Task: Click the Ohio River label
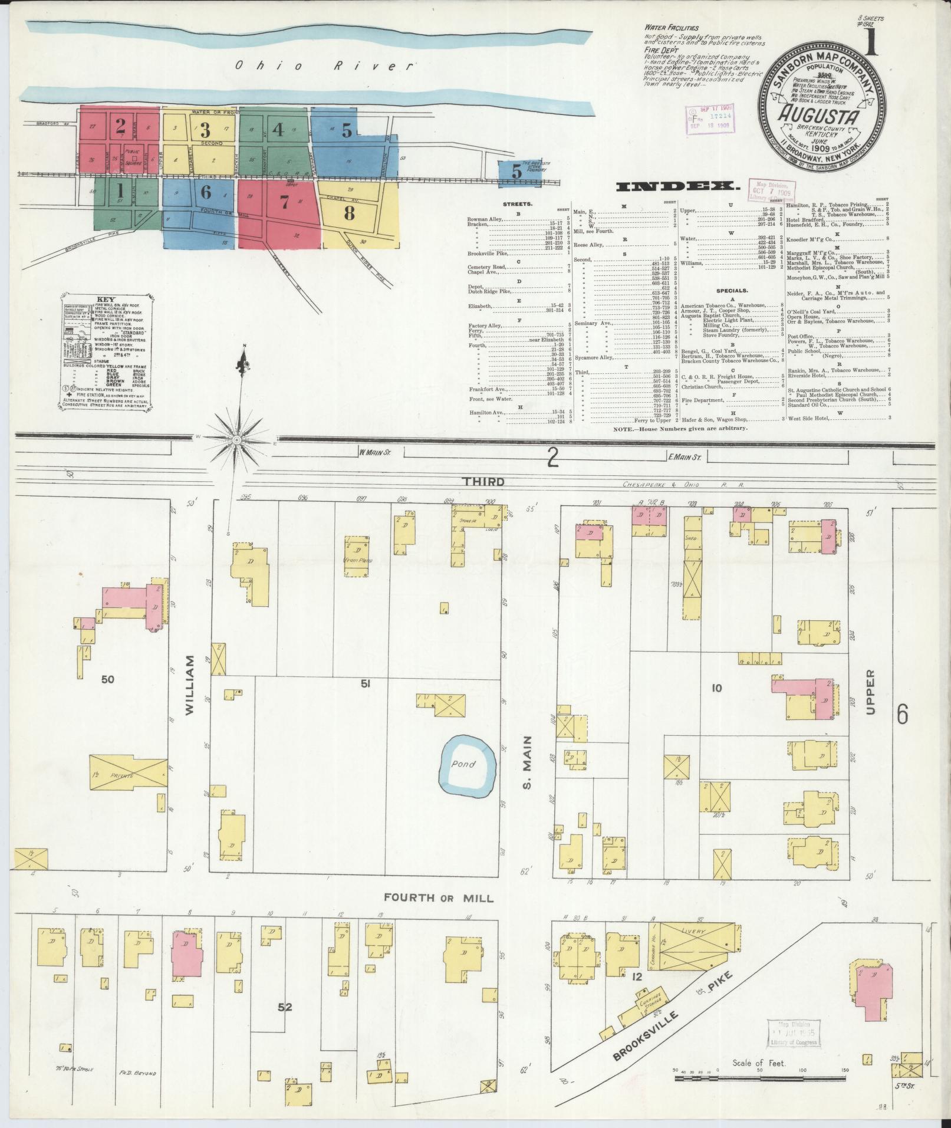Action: coord(324,65)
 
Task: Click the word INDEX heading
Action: coord(678,187)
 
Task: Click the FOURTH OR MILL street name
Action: coord(439,915)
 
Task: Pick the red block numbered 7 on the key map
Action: coord(284,202)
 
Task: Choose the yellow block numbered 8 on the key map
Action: coord(350,213)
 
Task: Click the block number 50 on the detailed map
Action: coord(107,679)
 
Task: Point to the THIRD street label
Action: coord(483,482)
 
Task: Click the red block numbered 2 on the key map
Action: coord(120,125)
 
